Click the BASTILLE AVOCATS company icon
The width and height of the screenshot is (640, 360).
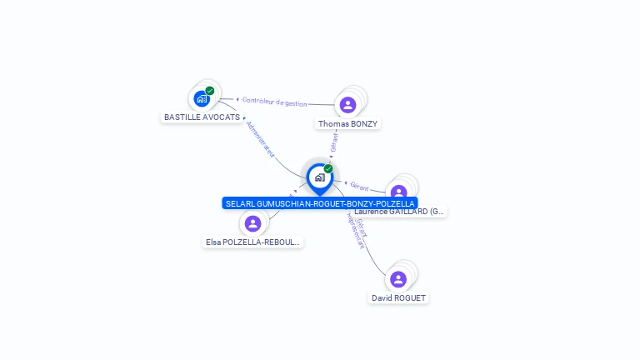click(x=202, y=98)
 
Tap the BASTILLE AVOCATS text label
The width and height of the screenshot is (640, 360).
click(x=202, y=117)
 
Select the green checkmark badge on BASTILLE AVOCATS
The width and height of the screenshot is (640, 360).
click(x=210, y=91)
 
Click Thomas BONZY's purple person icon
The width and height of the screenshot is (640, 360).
click(x=347, y=104)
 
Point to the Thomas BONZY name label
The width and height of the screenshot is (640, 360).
click(x=348, y=124)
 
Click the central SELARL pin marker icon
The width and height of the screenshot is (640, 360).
click(x=319, y=177)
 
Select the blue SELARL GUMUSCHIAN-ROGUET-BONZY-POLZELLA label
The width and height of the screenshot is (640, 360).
click(x=320, y=203)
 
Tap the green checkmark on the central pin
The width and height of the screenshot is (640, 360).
click(x=328, y=169)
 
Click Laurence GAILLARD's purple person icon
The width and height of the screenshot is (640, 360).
click(x=398, y=192)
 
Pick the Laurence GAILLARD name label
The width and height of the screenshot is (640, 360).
click(x=400, y=212)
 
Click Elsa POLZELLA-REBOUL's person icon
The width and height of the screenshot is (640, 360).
click(x=252, y=223)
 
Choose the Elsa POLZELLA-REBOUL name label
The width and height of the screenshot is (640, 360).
click(x=253, y=242)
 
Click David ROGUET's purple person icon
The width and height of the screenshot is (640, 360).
click(x=398, y=279)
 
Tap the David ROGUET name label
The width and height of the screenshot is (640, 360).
click(x=398, y=298)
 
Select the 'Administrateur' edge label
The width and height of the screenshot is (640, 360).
click(x=261, y=138)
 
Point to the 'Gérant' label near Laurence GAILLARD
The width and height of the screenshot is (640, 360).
click(x=359, y=186)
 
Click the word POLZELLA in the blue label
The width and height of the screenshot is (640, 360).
click(x=395, y=203)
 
